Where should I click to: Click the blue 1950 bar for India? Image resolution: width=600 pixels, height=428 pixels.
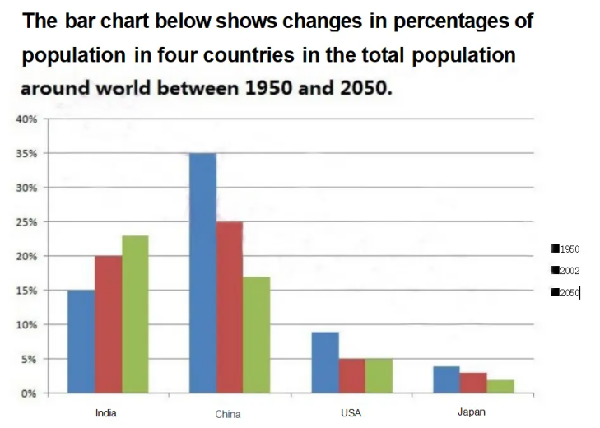81,342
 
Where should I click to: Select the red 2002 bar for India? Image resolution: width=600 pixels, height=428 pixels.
108,324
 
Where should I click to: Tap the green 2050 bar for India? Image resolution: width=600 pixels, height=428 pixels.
135,314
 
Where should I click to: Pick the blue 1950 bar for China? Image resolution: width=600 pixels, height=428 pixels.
202,273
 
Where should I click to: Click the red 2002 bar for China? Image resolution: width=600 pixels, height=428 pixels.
230,307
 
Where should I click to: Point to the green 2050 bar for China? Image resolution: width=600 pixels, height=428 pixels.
257,335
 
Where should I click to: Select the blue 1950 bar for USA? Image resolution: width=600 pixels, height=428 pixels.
325,362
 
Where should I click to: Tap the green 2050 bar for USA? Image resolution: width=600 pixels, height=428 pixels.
379,376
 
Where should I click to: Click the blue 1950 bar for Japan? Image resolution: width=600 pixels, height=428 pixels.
446,379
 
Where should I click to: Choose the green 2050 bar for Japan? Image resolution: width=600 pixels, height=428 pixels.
500,386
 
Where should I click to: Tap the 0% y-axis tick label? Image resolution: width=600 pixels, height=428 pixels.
29,393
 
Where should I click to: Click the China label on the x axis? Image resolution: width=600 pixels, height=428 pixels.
228,414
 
